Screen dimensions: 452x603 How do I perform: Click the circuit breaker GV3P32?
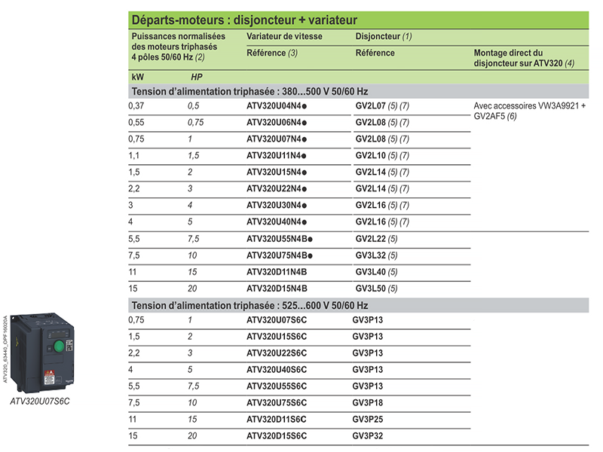click(369, 436)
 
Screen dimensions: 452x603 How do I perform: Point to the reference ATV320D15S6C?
click(277, 436)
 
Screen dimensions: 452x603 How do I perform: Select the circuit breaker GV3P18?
click(369, 403)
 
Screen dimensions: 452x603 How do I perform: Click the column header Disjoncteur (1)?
click(384, 36)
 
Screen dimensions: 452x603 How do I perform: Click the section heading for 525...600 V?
click(249, 305)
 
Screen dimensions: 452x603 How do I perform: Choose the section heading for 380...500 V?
click(249, 91)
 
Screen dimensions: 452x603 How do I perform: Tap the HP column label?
click(196, 77)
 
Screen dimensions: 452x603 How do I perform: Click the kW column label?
click(137, 77)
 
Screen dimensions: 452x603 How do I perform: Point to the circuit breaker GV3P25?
click(369, 420)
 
